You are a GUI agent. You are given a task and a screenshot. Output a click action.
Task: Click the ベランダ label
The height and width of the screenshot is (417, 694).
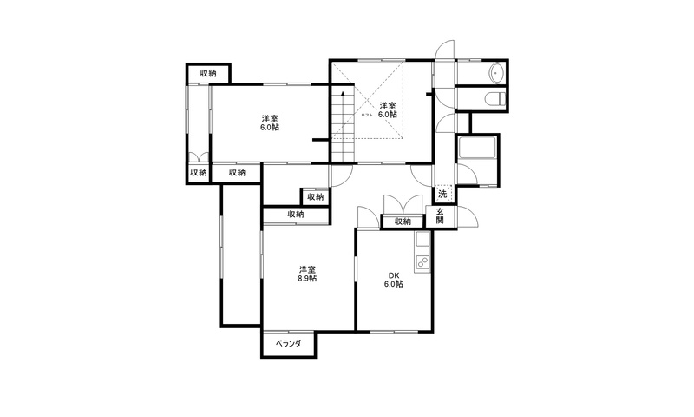[x=289, y=344]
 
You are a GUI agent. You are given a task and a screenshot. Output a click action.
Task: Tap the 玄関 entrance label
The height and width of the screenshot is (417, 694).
[x=440, y=215]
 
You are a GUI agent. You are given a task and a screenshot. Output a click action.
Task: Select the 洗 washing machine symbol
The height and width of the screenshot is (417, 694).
[x=442, y=194]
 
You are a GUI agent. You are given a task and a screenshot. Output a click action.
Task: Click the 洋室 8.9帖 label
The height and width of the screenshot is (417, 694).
[x=307, y=274]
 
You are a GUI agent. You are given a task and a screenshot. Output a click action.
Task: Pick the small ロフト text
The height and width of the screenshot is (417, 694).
[x=367, y=116]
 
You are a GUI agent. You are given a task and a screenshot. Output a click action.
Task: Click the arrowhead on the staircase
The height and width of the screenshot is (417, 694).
[x=343, y=94]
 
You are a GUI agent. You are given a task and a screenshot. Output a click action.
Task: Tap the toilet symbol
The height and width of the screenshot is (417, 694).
[x=495, y=98]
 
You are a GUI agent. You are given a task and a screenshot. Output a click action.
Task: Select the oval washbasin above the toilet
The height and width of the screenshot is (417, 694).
[x=497, y=72]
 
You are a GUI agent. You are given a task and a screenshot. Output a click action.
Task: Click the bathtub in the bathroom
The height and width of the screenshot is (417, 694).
[x=478, y=148]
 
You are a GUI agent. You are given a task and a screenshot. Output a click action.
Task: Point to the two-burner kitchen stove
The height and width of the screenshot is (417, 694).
[x=422, y=264]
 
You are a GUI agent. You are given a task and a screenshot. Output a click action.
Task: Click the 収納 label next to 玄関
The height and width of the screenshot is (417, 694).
[x=403, y=222]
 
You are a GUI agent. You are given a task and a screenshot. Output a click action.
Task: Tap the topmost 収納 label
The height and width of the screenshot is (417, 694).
[x=208, y=74]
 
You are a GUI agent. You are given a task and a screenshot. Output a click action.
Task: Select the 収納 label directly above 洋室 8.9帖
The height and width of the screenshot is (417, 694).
[x=296, y=215]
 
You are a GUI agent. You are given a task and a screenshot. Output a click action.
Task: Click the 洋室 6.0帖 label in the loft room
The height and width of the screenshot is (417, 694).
[x=387, y=110]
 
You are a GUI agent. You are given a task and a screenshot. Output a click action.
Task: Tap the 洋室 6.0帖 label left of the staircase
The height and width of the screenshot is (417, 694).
[x=270, y=122]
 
